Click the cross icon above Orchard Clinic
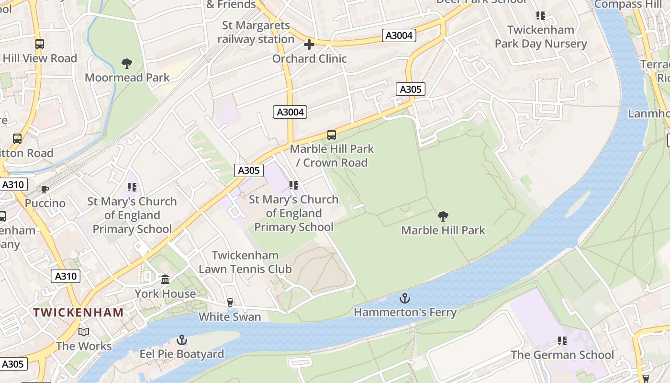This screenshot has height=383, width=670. point(309,45)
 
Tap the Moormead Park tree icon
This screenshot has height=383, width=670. point(127,64)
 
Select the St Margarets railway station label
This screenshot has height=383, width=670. point(256,33)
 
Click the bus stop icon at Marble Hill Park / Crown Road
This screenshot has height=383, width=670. point(332,135)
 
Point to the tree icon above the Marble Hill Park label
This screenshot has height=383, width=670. point(443,216)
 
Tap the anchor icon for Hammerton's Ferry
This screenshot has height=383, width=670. point(405,298)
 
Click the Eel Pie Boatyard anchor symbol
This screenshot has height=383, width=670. point(181,340)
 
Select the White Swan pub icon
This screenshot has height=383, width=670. point(230,303)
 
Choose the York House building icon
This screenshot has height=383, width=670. point(165,279)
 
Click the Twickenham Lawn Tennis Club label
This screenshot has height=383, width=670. point(245,262)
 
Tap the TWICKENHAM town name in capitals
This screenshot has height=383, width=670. point(78,313)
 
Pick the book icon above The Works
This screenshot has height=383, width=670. point(84,332)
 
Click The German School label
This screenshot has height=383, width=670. point(562,355)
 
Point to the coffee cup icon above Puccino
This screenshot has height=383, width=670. point(45,189)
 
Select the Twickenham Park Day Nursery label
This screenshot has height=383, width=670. point(541,37)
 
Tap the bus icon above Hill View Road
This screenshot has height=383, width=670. point(40,44)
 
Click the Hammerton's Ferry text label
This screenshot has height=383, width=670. point(405,313)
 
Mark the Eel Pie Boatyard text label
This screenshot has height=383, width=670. point(181,355)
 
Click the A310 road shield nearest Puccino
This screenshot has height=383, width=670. point(14,185)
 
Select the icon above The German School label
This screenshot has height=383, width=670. point(562,341)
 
